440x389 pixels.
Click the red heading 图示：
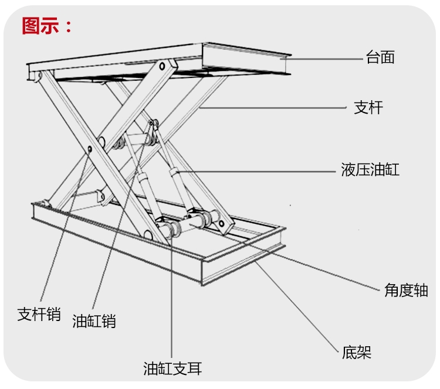click(48, 26)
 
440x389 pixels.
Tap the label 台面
click(380, 57)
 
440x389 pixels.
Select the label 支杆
click(368, 108)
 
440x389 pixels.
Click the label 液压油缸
click(370, 170)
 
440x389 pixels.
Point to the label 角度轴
click(406, 290)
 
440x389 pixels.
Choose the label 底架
click(357, 352)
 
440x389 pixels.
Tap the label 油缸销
click(94, 321)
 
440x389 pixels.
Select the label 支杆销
click(39, 314)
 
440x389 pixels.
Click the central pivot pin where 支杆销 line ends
click(89, 149)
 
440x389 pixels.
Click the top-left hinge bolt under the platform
click(39, 77)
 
